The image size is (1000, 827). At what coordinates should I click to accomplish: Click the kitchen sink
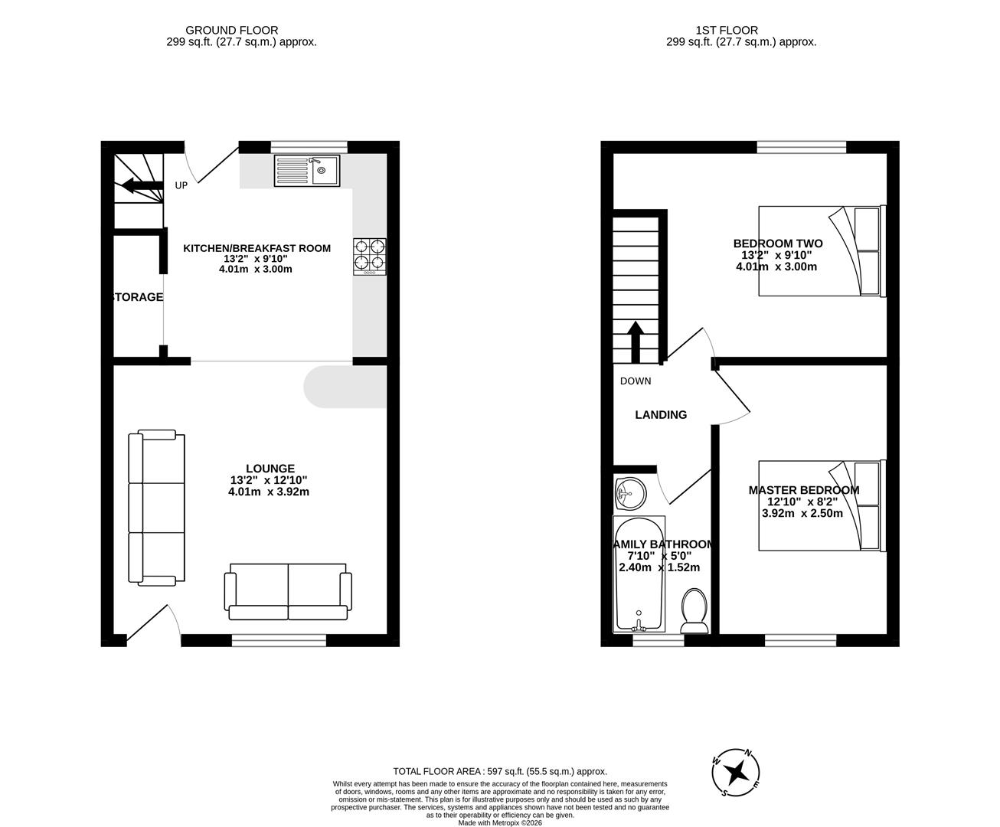point(306,171)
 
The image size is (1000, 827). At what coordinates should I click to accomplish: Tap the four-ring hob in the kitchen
point(370,257)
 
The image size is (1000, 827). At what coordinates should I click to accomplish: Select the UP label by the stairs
point(181,185)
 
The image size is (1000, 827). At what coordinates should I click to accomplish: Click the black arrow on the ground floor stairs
point(139,185)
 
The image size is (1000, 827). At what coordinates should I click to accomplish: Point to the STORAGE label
point(138,297)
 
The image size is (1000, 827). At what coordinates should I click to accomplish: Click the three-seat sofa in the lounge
point(156,508)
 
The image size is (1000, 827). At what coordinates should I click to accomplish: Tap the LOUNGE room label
point(270,469)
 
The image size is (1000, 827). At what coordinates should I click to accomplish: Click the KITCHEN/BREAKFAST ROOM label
point(257,248)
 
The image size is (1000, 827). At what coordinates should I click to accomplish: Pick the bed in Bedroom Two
point(822,250)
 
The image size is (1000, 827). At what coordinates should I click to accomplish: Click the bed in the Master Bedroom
point(822,505)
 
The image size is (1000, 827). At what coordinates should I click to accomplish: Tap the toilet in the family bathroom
point(695,610)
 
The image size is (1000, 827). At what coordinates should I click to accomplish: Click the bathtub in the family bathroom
point(638,574)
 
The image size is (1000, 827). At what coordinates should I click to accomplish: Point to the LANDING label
point(661,415)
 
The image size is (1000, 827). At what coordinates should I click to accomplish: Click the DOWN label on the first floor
point(636,381)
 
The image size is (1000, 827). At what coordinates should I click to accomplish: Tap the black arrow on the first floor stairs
point(636,342)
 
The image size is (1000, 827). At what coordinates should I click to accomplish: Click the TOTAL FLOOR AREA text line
point(499,772)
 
